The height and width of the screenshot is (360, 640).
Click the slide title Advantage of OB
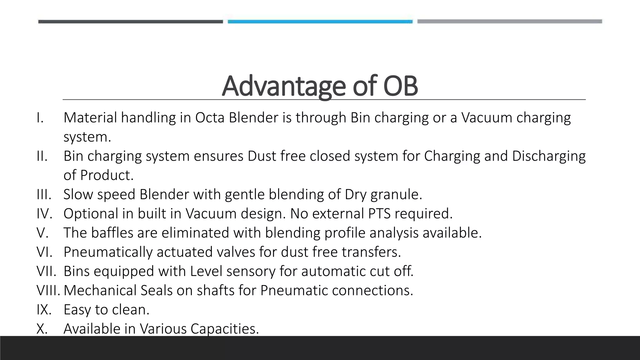320,86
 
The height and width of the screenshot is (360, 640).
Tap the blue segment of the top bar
320,22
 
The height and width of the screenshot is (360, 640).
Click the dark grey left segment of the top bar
130,22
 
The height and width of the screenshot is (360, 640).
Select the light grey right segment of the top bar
509,22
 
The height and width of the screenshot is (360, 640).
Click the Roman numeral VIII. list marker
48,290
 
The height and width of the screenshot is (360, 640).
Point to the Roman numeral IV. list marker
44,214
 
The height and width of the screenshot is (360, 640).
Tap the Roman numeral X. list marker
42,329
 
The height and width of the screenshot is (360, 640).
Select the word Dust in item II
262,156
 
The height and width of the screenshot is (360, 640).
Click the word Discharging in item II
548,156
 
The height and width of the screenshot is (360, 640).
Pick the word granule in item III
396,195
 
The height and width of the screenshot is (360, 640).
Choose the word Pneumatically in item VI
108,252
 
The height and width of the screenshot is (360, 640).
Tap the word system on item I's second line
87,137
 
